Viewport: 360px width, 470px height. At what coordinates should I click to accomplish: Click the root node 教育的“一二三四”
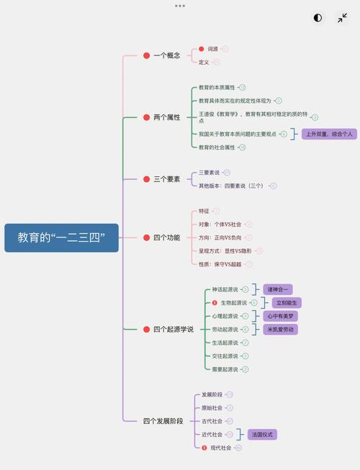coord(61,238)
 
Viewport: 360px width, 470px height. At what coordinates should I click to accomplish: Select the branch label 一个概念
coord(166,55)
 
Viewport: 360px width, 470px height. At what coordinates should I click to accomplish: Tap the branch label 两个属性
coord(166,117)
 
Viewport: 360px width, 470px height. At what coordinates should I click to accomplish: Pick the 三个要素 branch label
coord(166,178)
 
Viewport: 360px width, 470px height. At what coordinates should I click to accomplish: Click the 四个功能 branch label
coord(166,238)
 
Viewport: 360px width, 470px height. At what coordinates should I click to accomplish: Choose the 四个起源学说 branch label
coord(173,329)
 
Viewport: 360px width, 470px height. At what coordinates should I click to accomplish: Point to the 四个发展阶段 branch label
coord(163,420)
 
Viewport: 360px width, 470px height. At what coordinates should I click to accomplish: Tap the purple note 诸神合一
coord(278,289)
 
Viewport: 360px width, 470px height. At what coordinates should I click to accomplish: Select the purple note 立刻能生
coord(287,303)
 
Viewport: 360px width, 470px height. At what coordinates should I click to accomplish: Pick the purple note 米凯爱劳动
coord(281,329)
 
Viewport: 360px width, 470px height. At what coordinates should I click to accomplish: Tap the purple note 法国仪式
coord(262,435)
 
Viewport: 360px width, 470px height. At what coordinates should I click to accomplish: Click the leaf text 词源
coord(212,49)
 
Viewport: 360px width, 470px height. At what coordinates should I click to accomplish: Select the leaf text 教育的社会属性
coord(217,147)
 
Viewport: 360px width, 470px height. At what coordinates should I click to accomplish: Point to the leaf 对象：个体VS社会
coord(220,224)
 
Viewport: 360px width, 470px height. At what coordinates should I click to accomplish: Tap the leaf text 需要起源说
coord(225,369)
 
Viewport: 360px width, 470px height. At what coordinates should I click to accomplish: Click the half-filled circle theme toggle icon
coord(318,18)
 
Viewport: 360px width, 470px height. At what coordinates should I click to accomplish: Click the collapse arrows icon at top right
coord(342,18)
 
